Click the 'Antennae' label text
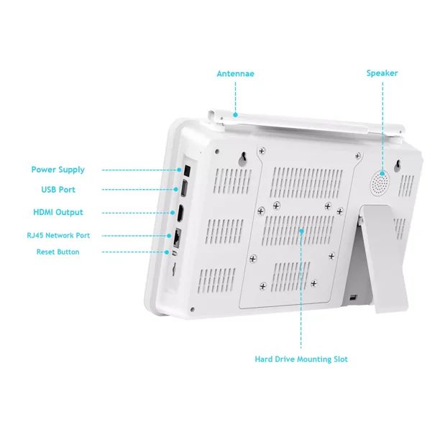tap(235, 73)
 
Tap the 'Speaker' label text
tap(382, 73)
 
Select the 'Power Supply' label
tap(58, 170)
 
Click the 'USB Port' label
tap(58, 190)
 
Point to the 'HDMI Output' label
tap(58, 212)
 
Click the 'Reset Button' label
tap(58, 252)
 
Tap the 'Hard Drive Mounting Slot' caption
tap(301, 359)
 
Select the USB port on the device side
tap(183, 190)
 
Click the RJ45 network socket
tap(178, 235)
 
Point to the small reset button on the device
tap(175, 252)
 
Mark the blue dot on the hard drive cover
tap(301, 230)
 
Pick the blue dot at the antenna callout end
tap(235, 114)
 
